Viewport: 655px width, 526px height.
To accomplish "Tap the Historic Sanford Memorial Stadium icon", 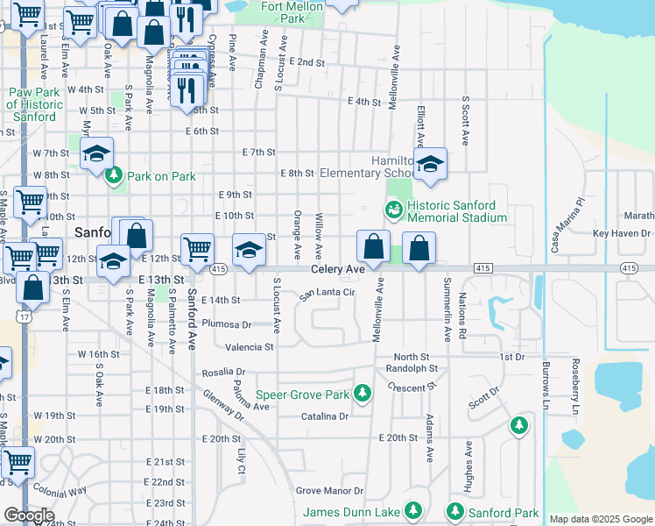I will [x=393, y=209].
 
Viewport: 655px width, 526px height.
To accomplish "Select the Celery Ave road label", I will [x=337, y=269].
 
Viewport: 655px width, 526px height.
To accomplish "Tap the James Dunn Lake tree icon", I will [x=412, y=510].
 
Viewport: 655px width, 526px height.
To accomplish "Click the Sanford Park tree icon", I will [x=454, y=511].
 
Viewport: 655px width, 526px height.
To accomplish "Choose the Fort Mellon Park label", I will [x=295, y=11].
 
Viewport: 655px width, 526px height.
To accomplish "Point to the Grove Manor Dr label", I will [x=328, y=490].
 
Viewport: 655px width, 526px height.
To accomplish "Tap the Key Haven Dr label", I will [x=622, y=233].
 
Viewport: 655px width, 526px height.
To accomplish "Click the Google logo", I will [x=28, y=515].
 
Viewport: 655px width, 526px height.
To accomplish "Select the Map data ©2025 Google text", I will [x=601, y=519].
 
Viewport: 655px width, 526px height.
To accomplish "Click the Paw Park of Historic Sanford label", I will [x=36, y=104].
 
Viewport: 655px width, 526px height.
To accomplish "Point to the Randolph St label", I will [x=406, y=369].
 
